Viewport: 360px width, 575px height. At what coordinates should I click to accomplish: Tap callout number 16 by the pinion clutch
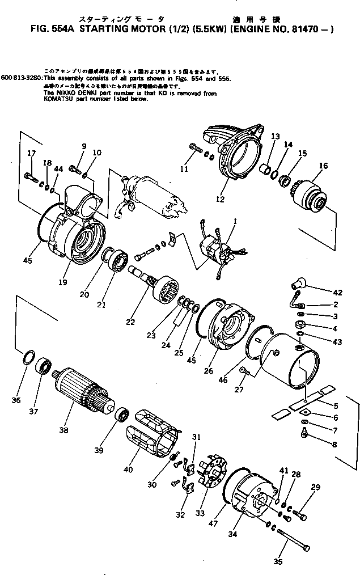[x=323, y=166]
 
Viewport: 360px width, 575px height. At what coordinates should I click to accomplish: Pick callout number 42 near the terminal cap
[x=338, y=293]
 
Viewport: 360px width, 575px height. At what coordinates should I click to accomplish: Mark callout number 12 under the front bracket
[x=219, y=199]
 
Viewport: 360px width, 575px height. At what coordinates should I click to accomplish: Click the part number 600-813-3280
[x=21, y=78]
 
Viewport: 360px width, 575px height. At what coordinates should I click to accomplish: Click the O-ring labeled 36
[x=26, y=359]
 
